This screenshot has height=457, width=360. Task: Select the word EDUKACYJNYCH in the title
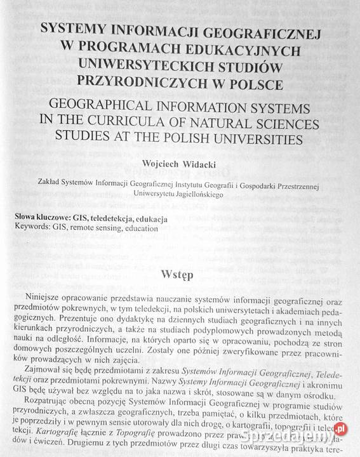pyautogui.click(x=251, y=49)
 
